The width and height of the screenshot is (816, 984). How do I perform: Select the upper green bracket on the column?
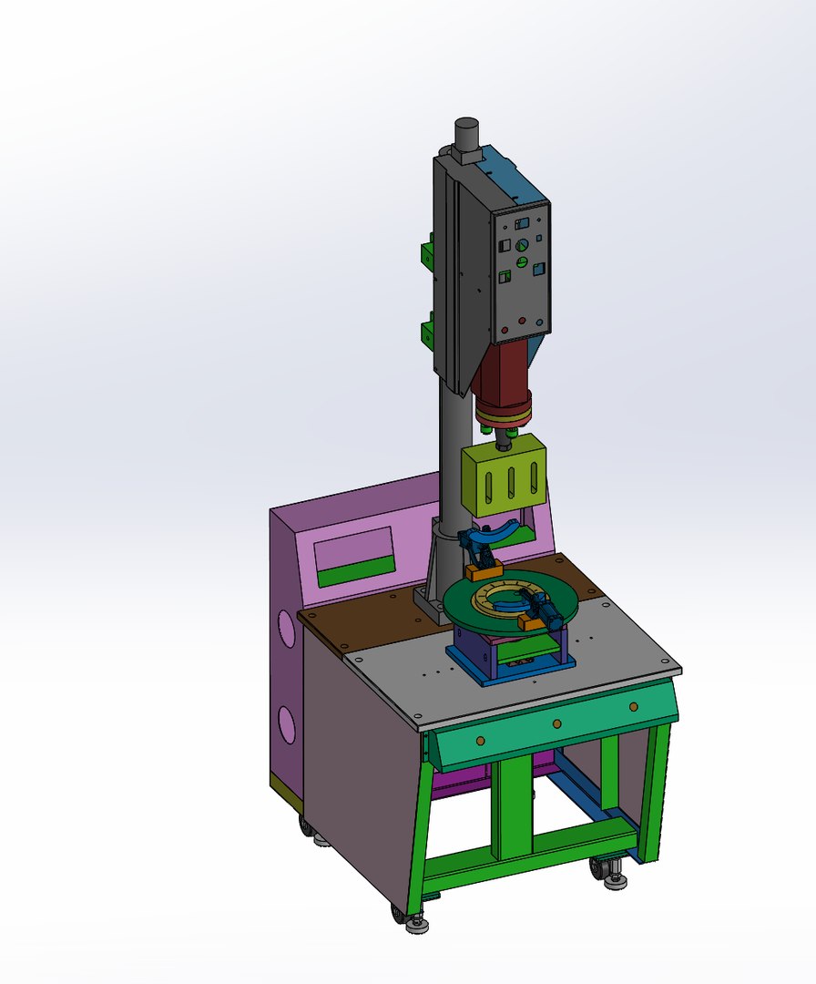point(425,252)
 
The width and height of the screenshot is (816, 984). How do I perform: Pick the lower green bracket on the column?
point(425,333)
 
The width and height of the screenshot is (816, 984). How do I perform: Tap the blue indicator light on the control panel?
point(540,322)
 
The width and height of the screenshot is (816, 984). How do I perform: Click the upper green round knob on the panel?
point(522,245)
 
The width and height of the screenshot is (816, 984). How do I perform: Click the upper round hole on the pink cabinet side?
point(287,629)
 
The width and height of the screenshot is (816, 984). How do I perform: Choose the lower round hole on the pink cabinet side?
point(288,723)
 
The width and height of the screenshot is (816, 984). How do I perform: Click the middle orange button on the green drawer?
point(556,723)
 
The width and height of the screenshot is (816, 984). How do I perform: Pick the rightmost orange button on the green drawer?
point(633,706)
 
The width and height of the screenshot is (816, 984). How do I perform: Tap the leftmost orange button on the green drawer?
point(477,739)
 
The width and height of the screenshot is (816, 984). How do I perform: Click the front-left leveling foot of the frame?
point(417,924)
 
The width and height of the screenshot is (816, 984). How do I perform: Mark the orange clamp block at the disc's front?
point(530,622)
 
